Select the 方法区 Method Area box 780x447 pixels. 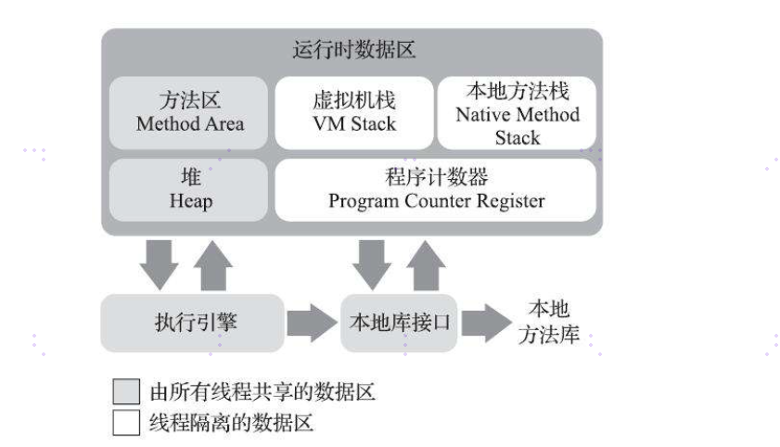pyautogui.click(x=189, y=112)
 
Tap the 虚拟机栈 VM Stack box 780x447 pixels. pyautogui.click(x=352, y=112)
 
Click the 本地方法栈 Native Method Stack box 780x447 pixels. pyautogui.click(x=517, y=112)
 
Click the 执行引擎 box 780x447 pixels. pyautogui.click(x=189, y=323)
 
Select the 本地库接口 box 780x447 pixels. pyautogui.click(x=399, y=323)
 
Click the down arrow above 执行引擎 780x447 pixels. pyautogui.click(x=158, y=263)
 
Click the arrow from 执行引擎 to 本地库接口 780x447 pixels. pyautogui.click(x=310, y=324)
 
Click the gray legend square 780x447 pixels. pyautogui.click(x=125, y=392)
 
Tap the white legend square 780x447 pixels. pyautogui.click(x=125, y=423)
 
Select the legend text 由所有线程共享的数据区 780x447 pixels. pyautogui.click(x=262, y=392)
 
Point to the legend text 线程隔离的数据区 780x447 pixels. pyautogui.click(x=231, y=423)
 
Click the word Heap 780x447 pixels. pyautogui.click(x=189, y=200)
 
